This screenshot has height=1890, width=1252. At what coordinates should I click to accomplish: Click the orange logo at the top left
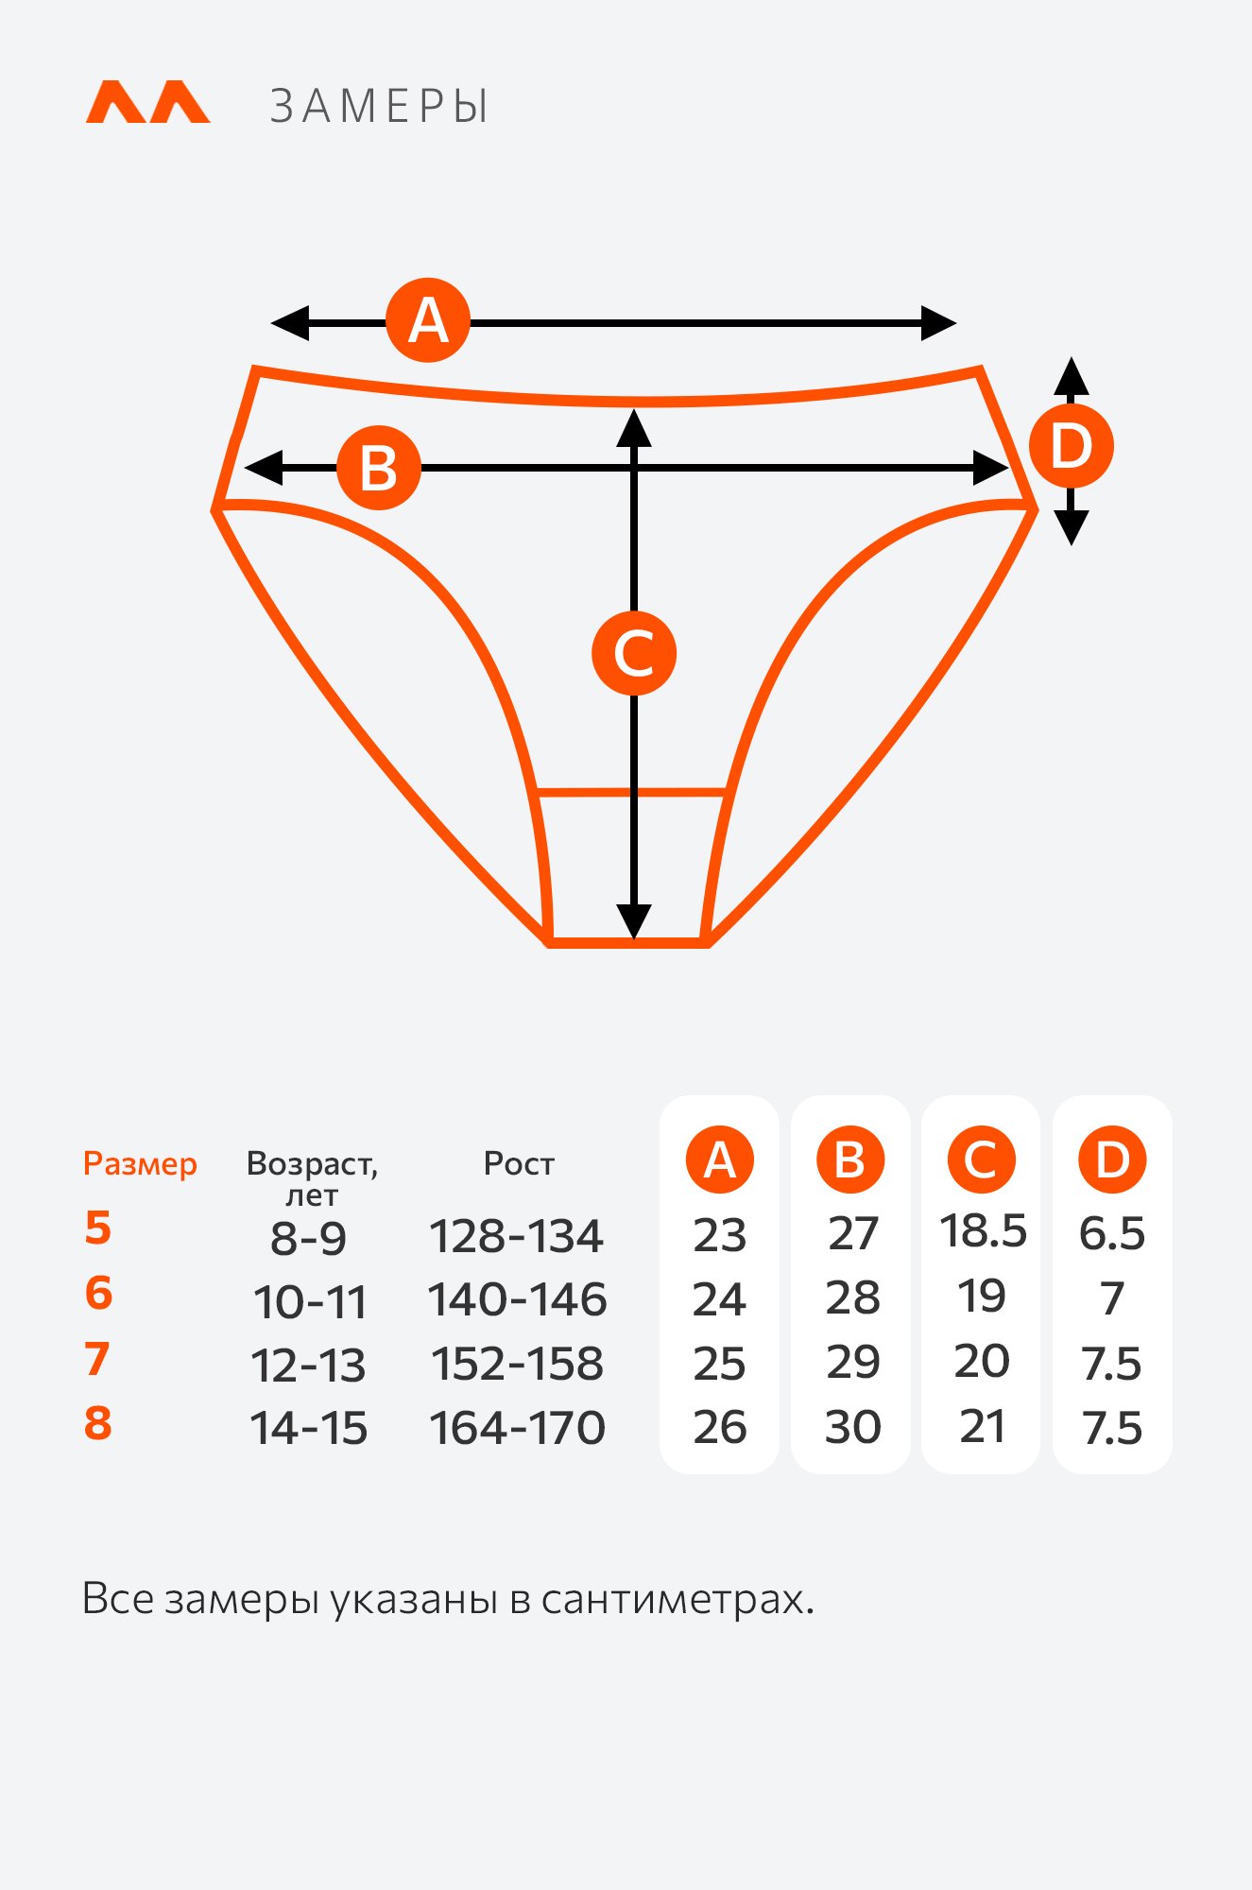[147, 102]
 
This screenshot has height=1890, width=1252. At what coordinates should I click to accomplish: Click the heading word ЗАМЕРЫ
[379, 106]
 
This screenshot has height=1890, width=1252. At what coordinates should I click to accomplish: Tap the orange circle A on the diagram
[428, 320]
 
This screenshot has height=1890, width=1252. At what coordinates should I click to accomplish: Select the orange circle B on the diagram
[379, 468]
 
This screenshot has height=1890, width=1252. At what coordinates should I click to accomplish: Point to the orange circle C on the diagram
[634, 653]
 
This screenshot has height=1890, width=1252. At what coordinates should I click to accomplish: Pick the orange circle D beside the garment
[1071, 446]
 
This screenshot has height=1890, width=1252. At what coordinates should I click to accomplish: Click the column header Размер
[140, 1164]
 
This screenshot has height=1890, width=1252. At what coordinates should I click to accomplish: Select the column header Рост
[519, 1163]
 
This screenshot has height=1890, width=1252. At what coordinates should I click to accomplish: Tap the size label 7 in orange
[97, 1359]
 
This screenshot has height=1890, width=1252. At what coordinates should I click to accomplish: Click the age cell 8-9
[308, 1238]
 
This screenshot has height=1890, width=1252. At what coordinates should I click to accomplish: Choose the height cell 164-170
[517, 1428]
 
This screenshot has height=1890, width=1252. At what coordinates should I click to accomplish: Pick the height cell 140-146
[517, 1299]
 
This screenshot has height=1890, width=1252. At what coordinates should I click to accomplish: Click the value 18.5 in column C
[983, 1231]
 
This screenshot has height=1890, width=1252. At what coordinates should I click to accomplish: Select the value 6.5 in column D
[1112, 1233]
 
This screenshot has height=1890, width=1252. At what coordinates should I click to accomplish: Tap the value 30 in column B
[852, 1427]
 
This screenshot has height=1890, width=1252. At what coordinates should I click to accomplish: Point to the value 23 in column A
[720, 1236]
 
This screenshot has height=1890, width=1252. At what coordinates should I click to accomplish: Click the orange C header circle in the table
[982, 1160]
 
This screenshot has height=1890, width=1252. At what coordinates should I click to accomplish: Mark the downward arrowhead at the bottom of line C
[634, 921]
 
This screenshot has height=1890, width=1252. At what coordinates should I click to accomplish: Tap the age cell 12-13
[308, 1366]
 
